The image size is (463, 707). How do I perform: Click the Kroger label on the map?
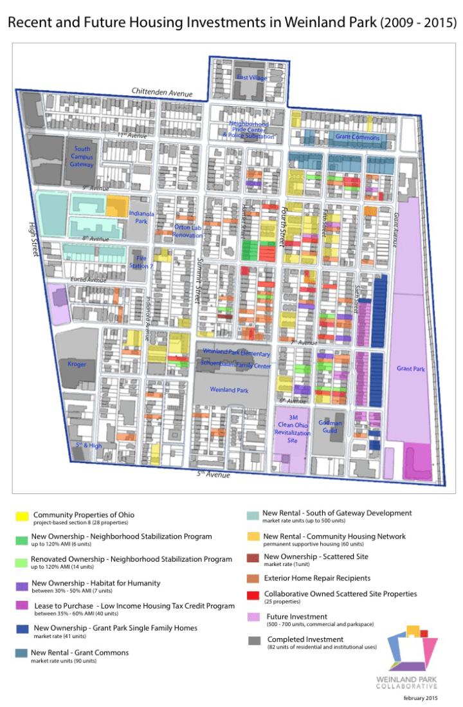[77, 364]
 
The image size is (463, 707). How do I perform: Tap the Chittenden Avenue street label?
[162, 92]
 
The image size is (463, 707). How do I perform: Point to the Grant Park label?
[410, 369]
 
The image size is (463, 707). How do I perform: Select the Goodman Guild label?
[330, 427]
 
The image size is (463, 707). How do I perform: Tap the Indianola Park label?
[141, 216]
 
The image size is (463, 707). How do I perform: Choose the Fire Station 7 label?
[143, 262]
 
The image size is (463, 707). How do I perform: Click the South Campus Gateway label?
[82, 157]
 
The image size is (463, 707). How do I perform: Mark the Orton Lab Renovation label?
[188, 231]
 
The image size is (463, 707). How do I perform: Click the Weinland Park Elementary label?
[236, 353]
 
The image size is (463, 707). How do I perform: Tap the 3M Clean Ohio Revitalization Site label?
[293, 429]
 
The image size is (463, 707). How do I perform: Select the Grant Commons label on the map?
[357, 137]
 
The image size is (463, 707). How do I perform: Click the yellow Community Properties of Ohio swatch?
[22, 516]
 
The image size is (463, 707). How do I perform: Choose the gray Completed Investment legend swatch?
[254, 641]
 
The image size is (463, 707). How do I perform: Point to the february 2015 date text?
[421, 697]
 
